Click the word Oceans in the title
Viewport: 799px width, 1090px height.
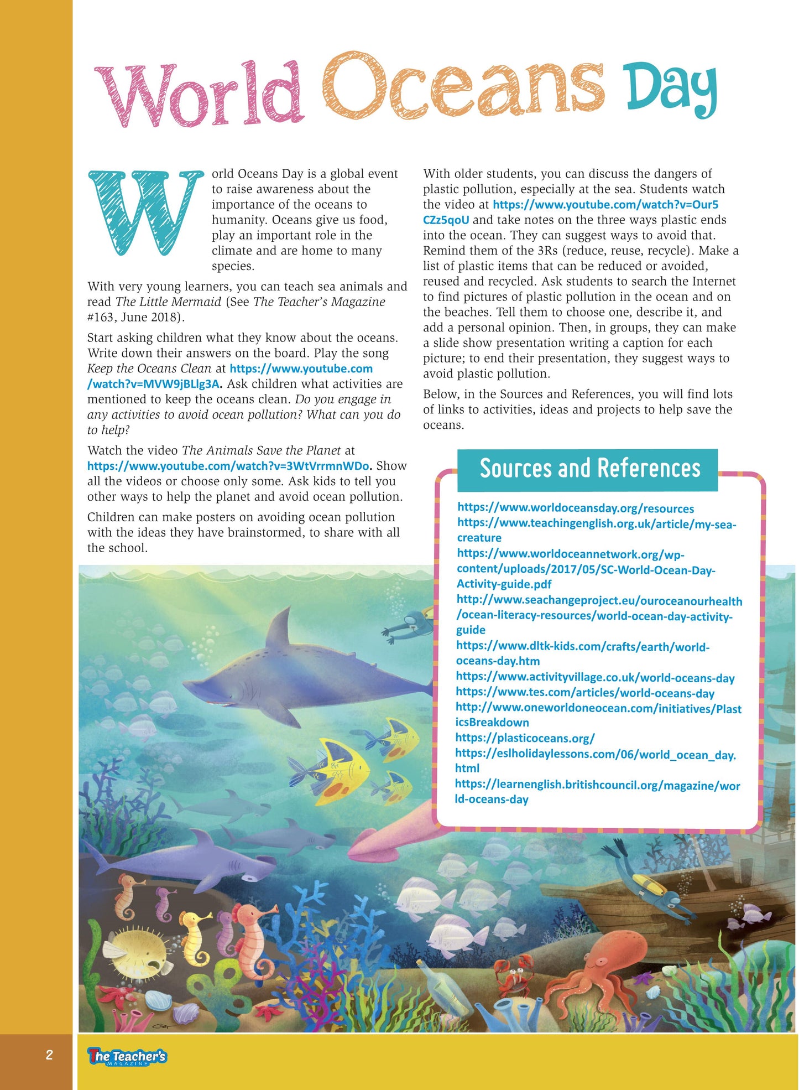click(x=463, y=89)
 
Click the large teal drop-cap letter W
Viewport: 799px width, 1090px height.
click(x=145, y=212)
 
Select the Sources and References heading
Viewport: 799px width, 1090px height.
click(x=589, y=469)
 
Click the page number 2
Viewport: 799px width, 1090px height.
click(x=49, y=1055)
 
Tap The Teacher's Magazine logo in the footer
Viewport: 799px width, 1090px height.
click(x=127, y=1056)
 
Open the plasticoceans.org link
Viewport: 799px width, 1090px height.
click(x=525, y=738)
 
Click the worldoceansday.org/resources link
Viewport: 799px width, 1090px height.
click(x=575, y=508)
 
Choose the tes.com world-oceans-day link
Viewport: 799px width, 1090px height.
click(x=584, y=693)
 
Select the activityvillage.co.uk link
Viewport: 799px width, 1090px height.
click(x=595, y=677)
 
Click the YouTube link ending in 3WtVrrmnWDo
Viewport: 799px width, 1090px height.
click(x=228, y=466)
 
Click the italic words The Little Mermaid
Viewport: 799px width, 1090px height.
click(x=168, y=302)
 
